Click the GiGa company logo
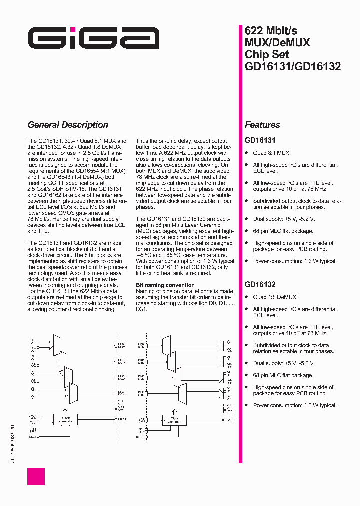(93, 38)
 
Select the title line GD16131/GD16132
(292, 66)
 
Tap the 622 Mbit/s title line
(271, 30)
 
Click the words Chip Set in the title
(267, 54)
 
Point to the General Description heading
(68, 125)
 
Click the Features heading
(262, 125)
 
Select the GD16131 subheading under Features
(260, 141)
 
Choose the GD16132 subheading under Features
(260, 285)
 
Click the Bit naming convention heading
(165, 285)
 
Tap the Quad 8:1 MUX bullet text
(271, 153)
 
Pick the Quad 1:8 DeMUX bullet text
(274, 297)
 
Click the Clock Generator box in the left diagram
(66, 420)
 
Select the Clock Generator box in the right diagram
(174, 420)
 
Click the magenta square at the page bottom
(36, 476)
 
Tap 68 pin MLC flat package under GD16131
(283, 231)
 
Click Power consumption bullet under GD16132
(294, 405)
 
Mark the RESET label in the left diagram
(32, 437)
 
